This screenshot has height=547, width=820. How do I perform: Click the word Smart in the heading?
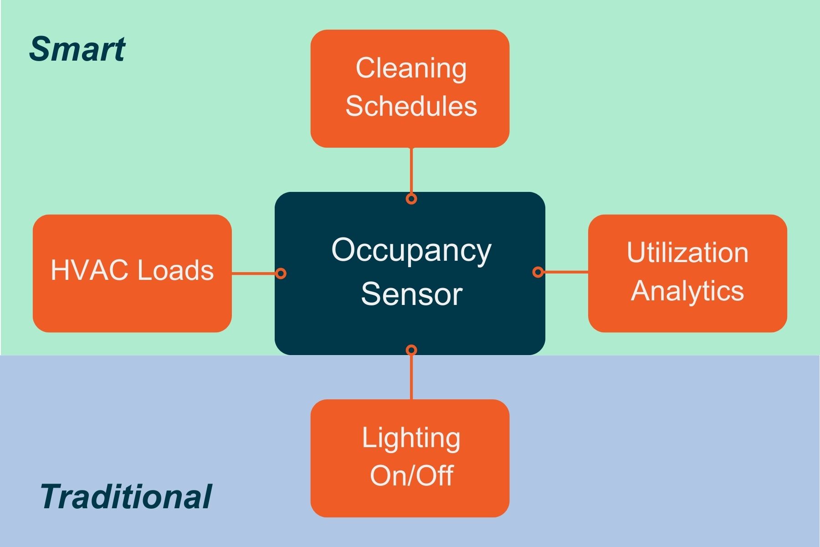pyautogui.click(x=77, y=49)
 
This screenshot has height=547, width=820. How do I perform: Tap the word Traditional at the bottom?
pyautogui.click(x=126, y=496)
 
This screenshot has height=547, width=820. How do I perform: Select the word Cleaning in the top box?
pyautogui.click(x=411, y=68)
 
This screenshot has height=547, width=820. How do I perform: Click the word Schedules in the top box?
pyautogui.click(x=411, y=106)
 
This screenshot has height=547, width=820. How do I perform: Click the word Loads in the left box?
pyautogui.click(x=175, y=270)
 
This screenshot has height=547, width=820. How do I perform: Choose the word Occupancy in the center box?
pyautogui.click(x=411, y=250)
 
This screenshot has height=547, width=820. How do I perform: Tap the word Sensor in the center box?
pyautogui.click(x=411, y=294)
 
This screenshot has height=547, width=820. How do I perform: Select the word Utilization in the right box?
pyautogui.click(x=687, y=253)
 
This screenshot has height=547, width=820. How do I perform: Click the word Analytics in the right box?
pyautogui.click(x=687, y=291)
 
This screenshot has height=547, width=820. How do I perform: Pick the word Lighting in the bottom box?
pyautogui.click(x=411, y=439)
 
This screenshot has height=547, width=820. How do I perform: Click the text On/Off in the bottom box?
pyautogui.click(x=411, y=475)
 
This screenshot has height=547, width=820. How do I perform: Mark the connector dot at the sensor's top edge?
pyautogui.click(x=411, y=199)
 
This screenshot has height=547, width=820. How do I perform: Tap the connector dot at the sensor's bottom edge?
pyautogui.click(x=411, y=350)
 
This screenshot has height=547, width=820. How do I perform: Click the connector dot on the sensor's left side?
pyautogui.click(x=281, y=273)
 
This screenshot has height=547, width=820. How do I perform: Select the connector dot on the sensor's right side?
pyautogui.click(x=538, y=272)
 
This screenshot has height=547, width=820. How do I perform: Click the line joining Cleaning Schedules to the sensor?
pyautogui.click(x=411, y=171)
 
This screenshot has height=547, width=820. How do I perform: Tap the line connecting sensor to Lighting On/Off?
pyautogui.click(x=411, y=376)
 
